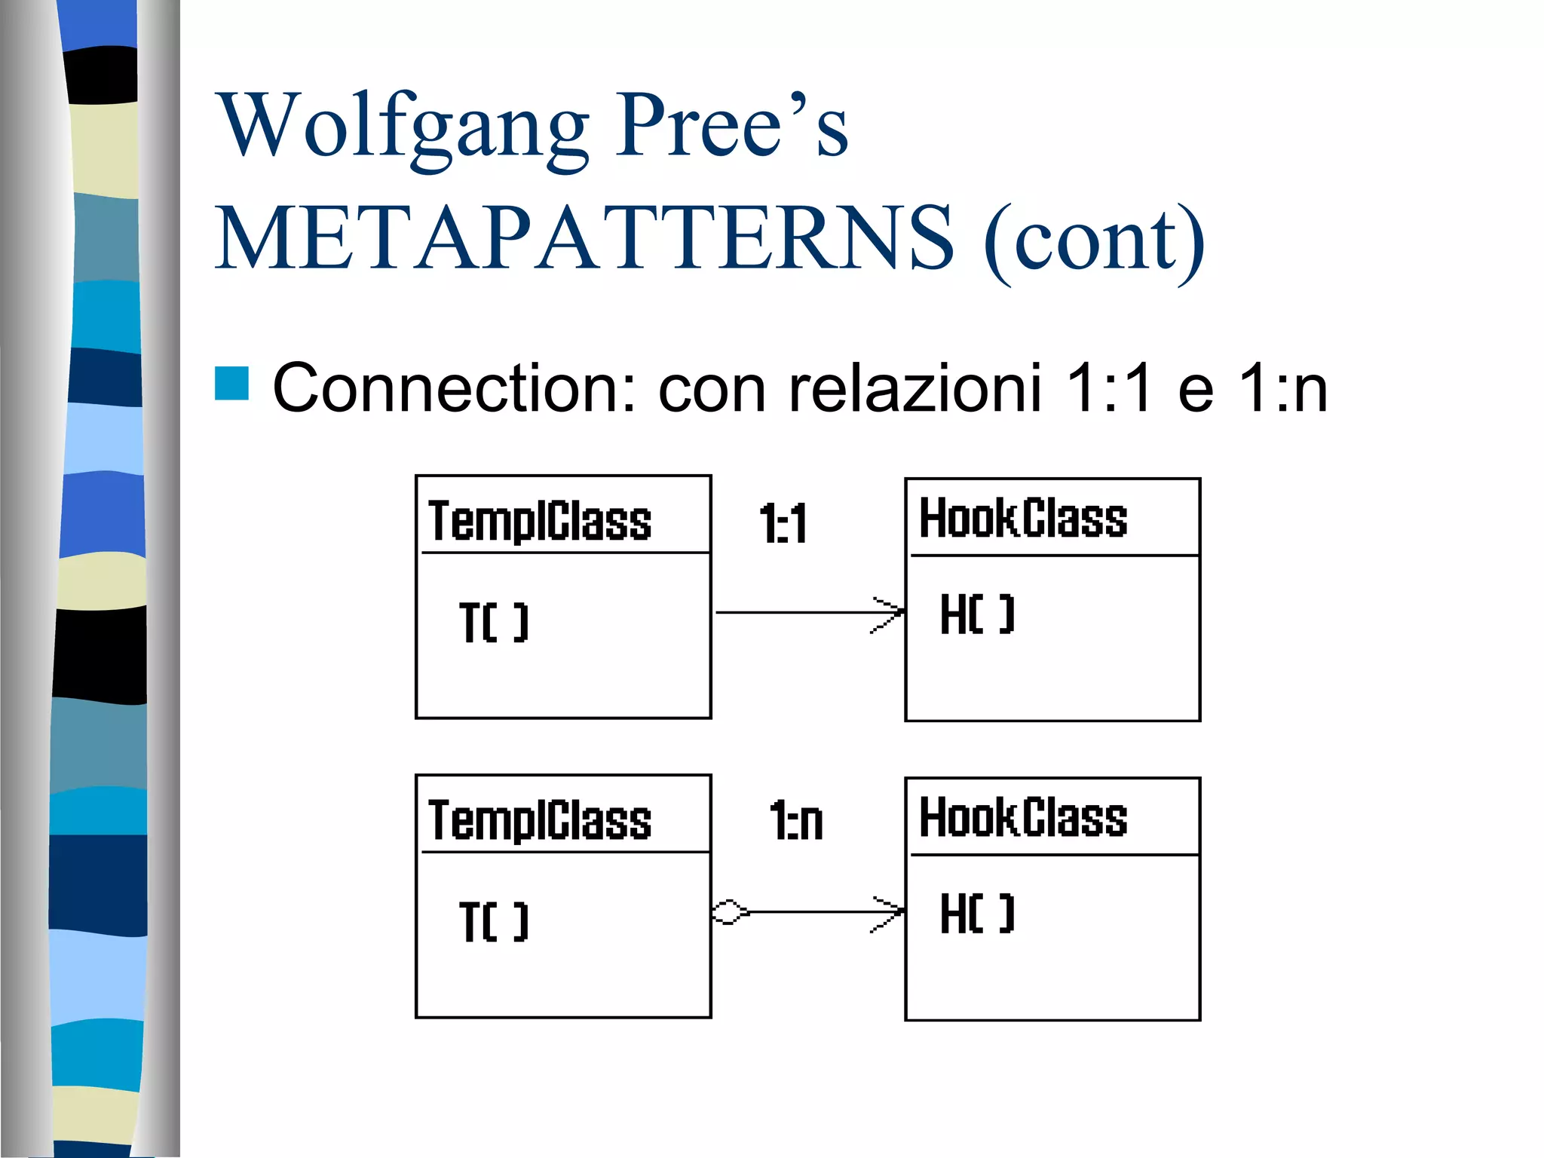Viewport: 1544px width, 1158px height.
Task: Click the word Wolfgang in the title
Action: pyautogui.click(x=402, y=127)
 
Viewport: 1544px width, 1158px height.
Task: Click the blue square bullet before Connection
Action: pyautogui.click(x=231, y=383)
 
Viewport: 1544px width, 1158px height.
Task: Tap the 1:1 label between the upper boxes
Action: pyautogui.click(x=783, y=524)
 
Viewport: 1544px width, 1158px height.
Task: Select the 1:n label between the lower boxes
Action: pyautogui.click(x=796, y=821)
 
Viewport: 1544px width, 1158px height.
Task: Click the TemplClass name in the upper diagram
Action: pyautogui.click(x=540, y=521)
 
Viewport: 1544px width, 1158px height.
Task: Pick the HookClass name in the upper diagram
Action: pyautogui.click(x=1023, y=519)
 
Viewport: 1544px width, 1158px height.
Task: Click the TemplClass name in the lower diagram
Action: pyautogui.click(x=540, y=820)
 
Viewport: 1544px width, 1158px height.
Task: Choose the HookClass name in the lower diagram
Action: pyautogui.click(x=1023, y=818)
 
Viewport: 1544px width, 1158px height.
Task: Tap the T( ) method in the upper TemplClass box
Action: pyautogui.click(x=494, y=623)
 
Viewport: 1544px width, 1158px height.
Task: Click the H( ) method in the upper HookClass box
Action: pyautogui.click(x=977, y=614)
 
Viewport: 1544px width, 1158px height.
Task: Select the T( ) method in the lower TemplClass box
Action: pyautogui.click(x=494, y=921)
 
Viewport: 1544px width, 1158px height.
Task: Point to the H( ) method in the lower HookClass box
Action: pyautogui.click(x=977, y=914)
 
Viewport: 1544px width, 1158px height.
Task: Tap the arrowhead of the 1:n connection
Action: pyautogui.click(x=890, y=913)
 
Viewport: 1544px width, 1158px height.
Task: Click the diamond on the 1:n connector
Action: pyautogui.click(x=729, y=912)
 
